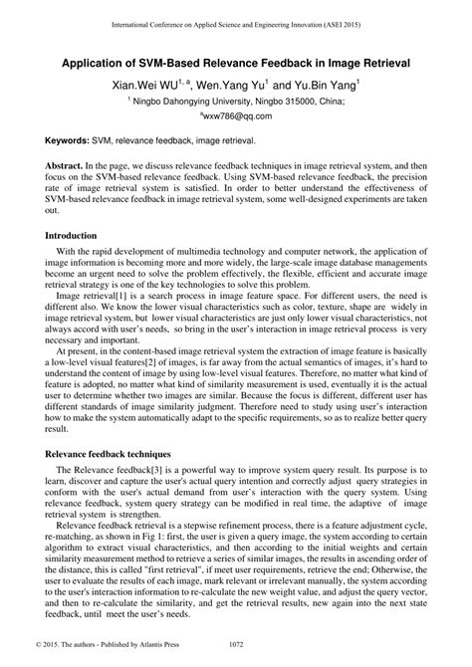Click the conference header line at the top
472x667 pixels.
(236, 20)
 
